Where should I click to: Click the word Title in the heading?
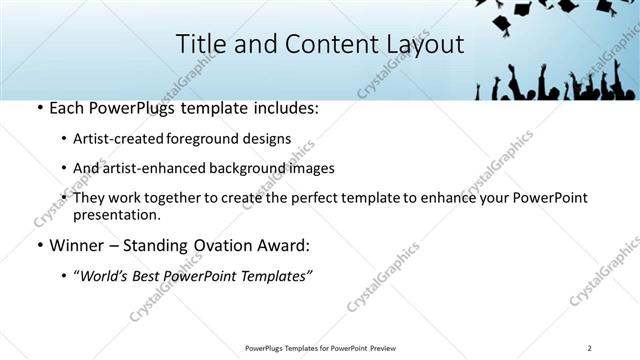(x=200, y=44)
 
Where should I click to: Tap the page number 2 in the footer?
(x=590, y=348)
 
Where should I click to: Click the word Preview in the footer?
(x=383, y=348)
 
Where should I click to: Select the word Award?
(x=286, y=245)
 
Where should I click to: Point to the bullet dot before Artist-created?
(x=64, y=139)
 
